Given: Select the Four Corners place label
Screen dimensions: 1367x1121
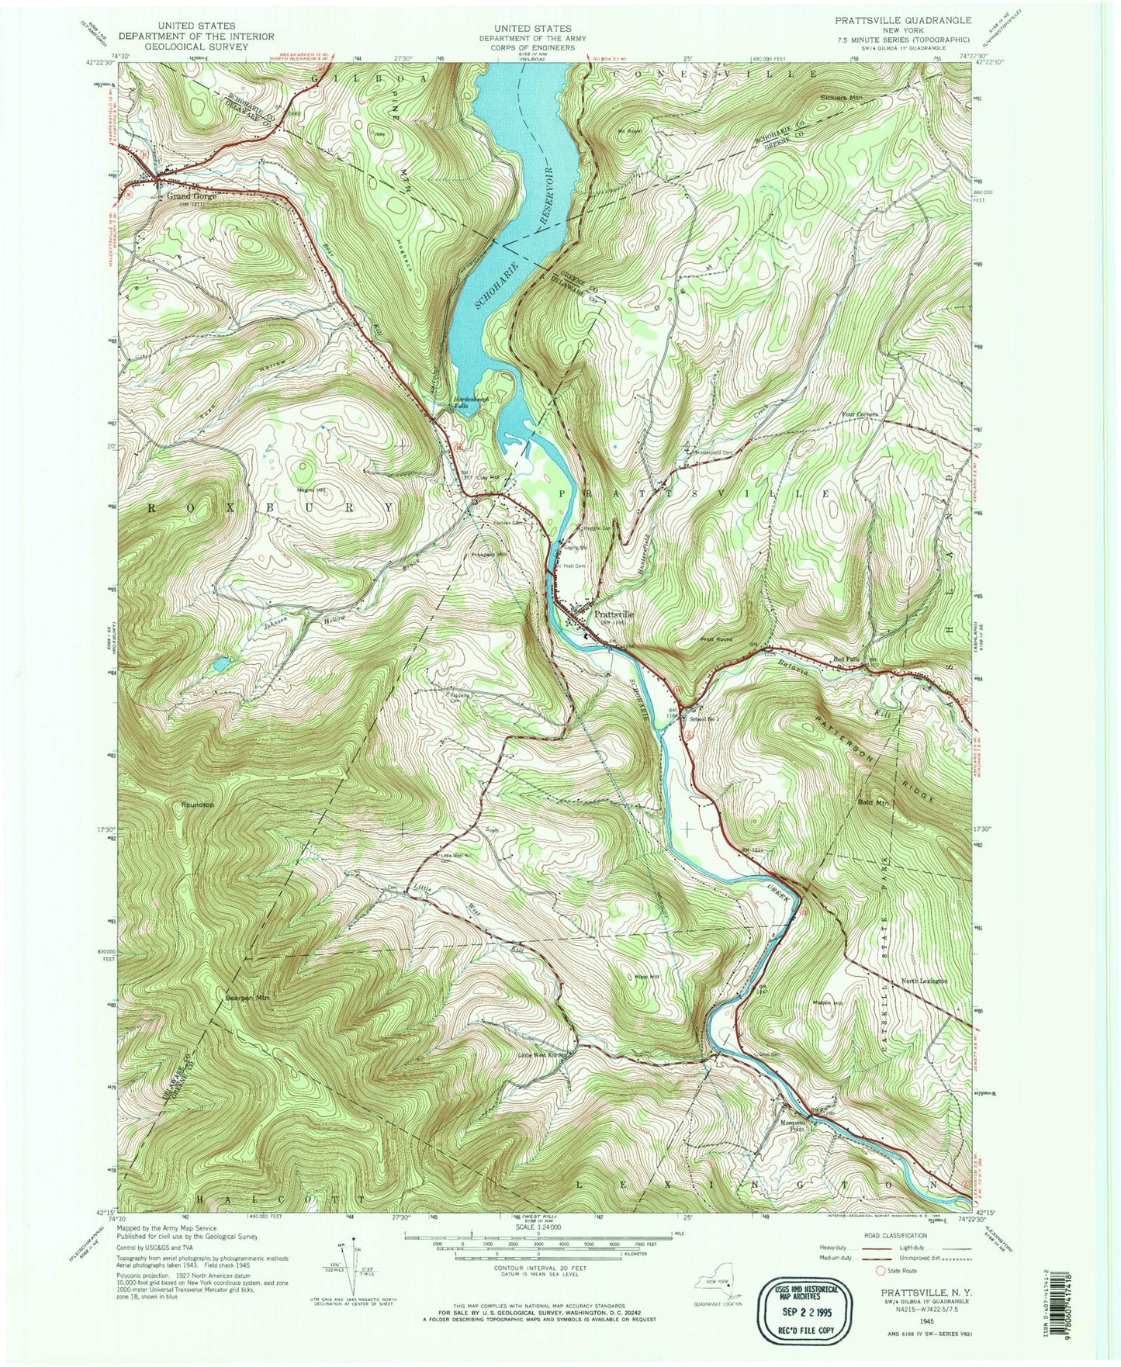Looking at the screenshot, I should point(860,415).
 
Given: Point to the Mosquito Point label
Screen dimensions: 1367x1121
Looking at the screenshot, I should point(794,1124).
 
